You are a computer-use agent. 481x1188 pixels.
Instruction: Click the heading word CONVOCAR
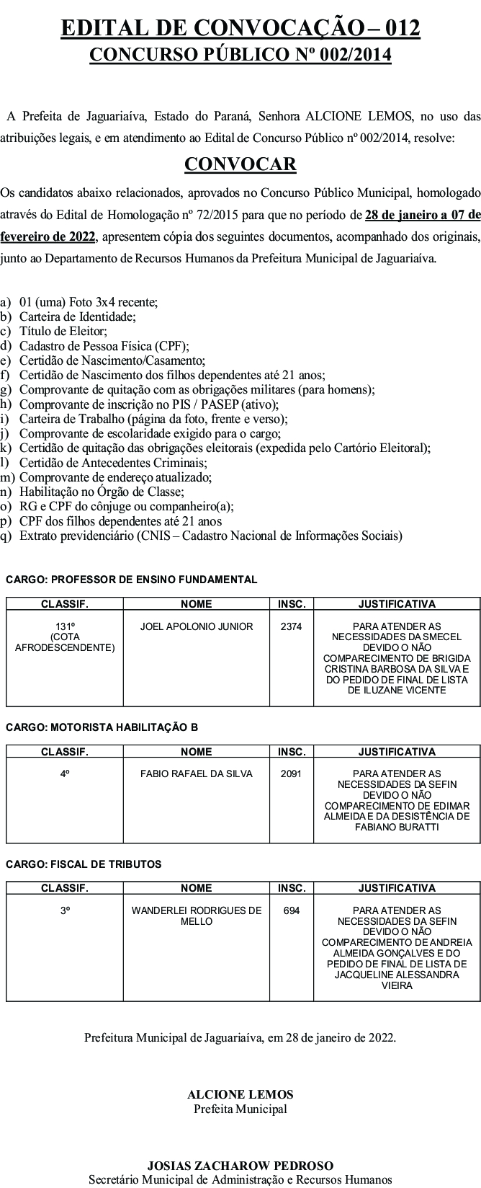(x=240, y=164)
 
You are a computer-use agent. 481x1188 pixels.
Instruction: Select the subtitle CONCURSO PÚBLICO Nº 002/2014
(x=240, y=55)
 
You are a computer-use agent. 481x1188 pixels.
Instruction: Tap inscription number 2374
(x=291, y=626)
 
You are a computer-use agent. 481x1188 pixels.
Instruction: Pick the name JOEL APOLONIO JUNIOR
(x=197, y=626)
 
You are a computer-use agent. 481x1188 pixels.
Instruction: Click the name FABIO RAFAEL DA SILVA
(x=197, y=773)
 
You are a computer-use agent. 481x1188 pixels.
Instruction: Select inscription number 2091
(x=291, y=773)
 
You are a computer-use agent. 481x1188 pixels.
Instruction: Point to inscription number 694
(x=291, y=910)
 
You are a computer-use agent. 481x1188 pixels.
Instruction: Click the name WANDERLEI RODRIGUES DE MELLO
(x=197, y=916)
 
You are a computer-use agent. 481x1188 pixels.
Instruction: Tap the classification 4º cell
(x=65, y=773)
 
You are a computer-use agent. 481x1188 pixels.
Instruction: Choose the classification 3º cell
(x=65, y=910)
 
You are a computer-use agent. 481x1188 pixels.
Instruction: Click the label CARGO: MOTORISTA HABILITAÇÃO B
(x=102, y=727)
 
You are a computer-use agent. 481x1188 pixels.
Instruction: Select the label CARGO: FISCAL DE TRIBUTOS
(x=84, y=864)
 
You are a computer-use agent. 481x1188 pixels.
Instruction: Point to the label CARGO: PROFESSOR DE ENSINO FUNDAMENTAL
(x=132, y=580)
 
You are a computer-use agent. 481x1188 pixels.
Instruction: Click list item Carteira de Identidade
(x=77, y=316)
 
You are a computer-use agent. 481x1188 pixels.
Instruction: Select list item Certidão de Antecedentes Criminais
(x=113, y=463)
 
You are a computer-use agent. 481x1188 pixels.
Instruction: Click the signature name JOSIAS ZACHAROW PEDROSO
(x=240, y=1165)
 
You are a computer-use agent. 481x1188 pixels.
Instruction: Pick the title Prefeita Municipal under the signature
(x=240, y=1109)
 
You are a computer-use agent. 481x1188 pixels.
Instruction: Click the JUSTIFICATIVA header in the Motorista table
(x=397, y=752)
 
